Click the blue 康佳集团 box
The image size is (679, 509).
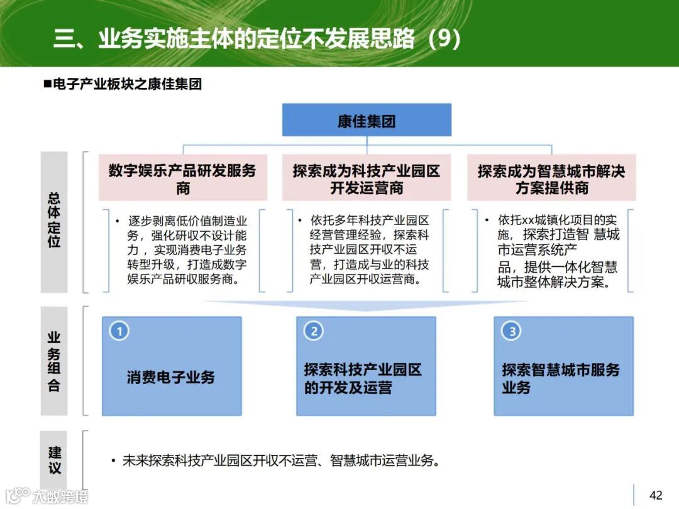point(366,121)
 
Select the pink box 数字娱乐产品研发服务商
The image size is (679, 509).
point(182,179)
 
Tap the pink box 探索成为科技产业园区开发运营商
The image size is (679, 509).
point(366,179)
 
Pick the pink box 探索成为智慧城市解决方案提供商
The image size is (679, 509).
point(551,179)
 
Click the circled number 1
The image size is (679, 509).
point(119,331)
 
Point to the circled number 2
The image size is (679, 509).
point(313,331)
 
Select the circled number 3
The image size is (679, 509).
point(511,331)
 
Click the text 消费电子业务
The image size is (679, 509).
point(171,377)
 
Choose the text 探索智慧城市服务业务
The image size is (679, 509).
point(560,378)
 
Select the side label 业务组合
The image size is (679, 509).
point(54,361)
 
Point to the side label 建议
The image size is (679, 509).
point(54,460)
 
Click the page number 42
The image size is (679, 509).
point(656,496)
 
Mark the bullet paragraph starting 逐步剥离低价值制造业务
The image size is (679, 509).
point(182,250)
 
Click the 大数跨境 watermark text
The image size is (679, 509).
point(60,496)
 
